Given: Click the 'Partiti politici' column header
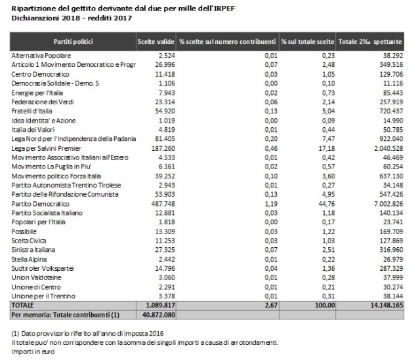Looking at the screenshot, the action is [x=73, y=42].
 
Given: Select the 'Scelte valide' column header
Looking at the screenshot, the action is [x=156, y=42].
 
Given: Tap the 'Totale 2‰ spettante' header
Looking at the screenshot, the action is [x=370, y=42].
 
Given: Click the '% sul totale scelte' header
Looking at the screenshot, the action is [x=308, y=42].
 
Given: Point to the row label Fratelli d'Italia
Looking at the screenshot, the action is [x=31, y=111].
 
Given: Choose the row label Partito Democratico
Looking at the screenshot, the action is [x=40, y=204].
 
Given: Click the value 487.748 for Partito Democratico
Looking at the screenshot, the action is [x=163, y=204].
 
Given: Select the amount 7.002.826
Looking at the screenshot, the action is [x=388, y=204].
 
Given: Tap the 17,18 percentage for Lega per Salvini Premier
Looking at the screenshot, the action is [x=327, y=148].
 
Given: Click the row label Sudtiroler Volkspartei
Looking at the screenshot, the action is [x=42, y=268].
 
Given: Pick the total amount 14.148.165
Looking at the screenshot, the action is [x=387, y=305].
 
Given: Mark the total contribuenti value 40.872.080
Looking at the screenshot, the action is [x=159, y=315].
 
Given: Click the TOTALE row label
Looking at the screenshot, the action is [x=22, y=305].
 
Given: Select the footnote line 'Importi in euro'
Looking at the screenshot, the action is [x=33, y=351].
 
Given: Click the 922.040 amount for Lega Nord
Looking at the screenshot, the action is [x=391, y=139].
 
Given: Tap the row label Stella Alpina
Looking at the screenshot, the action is [x=29, y=260].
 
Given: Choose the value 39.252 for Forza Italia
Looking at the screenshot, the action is [x=165, y=176].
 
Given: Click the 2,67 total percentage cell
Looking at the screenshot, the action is [x=271, y=305].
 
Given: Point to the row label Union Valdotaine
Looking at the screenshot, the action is [x=36, y=277].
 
